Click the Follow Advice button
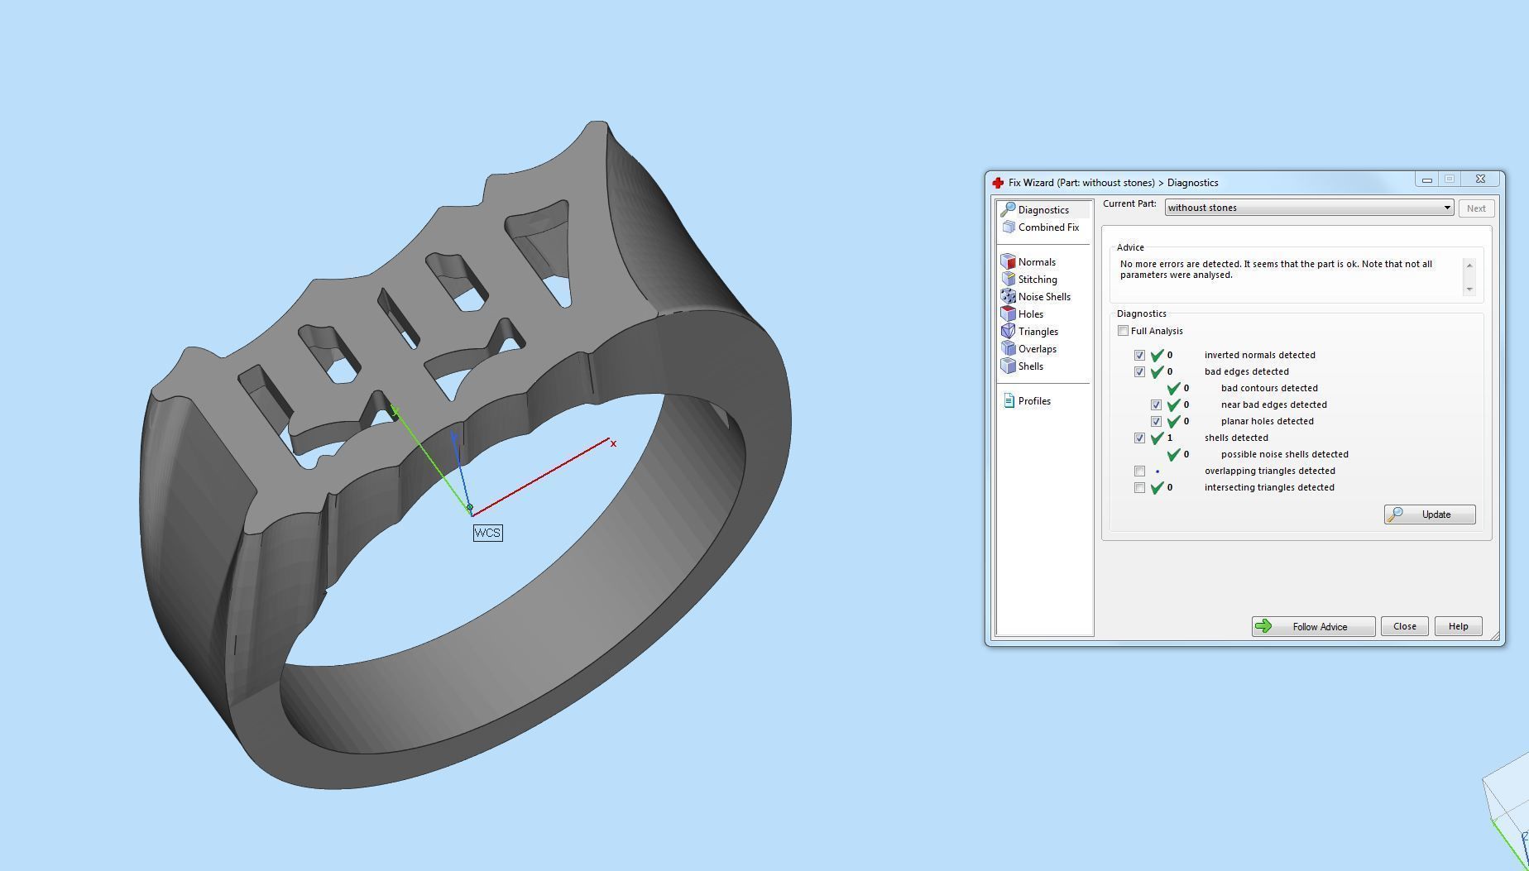(1313, 627)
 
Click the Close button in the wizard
(1404, 626)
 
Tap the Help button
(1458, 626)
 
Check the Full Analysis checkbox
(1123, 331)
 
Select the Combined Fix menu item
(1047, 227)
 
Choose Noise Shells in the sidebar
(1043, 297)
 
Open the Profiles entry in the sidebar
(1033, 401)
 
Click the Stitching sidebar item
(1037, 280)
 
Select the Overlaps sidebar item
(1036, 349)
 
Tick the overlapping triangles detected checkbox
(1139, 471)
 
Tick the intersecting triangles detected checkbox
(1139, 488)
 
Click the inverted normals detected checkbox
(1139, 356)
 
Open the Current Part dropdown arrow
(1447, 208)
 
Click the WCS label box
(487, 533)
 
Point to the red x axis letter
(613, 444)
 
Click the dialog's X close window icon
(1480, 179)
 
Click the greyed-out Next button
(1475, 208)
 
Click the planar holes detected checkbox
(1156, 422)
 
